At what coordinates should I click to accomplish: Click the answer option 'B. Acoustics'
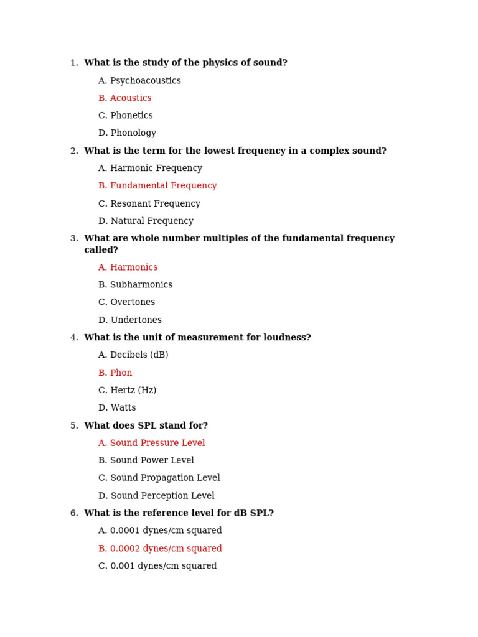tap(124, 98)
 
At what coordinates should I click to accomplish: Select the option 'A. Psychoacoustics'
tap(139, 81)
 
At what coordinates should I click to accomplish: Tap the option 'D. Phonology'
tap(127, 133)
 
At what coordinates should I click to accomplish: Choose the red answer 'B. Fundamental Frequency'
tap(157, 186)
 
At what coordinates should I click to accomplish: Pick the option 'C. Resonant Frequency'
tap(149, 203)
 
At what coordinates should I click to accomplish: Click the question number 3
tap(74, 239)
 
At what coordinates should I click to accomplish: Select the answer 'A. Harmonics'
tap(128, 267)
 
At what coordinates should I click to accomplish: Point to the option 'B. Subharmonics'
tap(135, 285)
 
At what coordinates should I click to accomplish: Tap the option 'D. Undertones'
tap(129, 320)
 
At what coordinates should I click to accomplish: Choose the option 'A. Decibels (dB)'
tap(133, 355)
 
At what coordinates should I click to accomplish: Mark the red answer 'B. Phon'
tap(115, 373)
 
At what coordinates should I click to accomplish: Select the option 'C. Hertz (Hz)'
tap(127, 391)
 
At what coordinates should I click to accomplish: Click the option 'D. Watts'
tap(117, 408)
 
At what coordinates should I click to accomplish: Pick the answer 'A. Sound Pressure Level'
tap(151, 444)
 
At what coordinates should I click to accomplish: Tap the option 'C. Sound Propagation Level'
tap(159, 478)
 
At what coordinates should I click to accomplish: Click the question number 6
tap(74, 514)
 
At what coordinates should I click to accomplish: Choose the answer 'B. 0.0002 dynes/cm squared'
tap(160, 549)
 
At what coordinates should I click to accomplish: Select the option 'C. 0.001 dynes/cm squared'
tap(157, 566)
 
